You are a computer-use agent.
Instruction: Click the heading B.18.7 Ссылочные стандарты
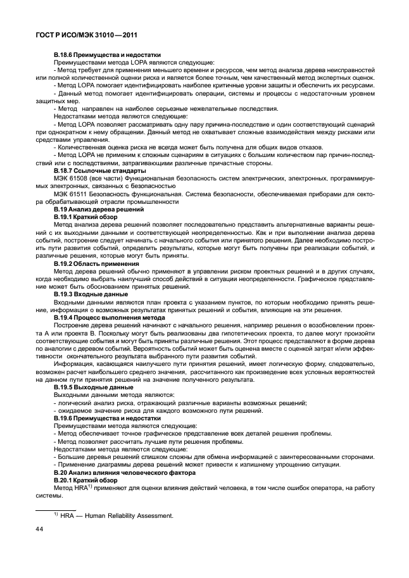(100, 171)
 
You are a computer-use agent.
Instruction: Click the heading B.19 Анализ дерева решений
(99, 209)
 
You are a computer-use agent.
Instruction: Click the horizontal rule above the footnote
(56, 509)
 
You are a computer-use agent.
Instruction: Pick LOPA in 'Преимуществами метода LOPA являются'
(123, 63)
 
